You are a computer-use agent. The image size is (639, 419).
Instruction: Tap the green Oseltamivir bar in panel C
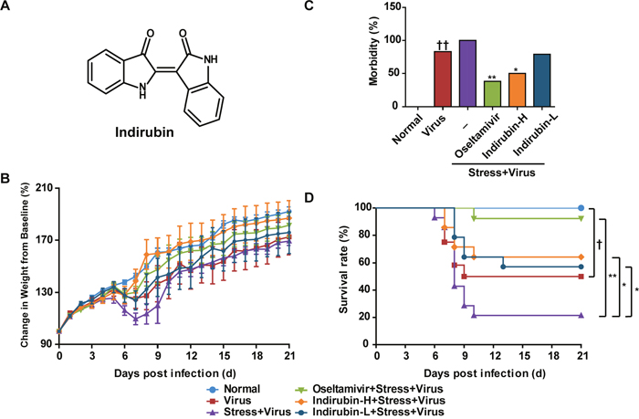click(491, 93)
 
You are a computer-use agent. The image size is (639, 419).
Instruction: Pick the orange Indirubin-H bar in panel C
click(517, 89)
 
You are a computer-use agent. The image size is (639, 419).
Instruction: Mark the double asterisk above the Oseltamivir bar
click(491, 76)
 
